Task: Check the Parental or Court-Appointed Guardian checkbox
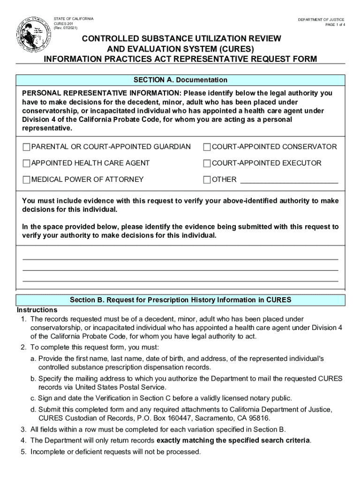tap(26, 147)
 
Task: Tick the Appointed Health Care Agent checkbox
tap(26, 164)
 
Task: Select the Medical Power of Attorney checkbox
tap(26, 180)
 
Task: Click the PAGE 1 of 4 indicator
tap(336, 25)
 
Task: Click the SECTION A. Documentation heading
tap(180, 80)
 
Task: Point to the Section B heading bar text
tap(180, 300)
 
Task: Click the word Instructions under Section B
tap(37, 310)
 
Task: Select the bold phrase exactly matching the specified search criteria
tap(233, 440)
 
